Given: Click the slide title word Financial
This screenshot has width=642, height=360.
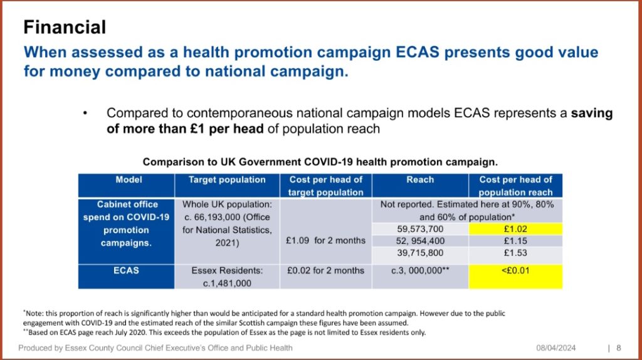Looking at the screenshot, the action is pyautogui.click(x=65, y=28).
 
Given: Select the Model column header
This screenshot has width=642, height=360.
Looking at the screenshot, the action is pyautogui.click(x=127, y=186).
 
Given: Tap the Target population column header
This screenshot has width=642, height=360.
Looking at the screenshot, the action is pyautogui.click(x=227, y=186).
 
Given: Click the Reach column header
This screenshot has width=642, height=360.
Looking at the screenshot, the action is pyautogui.click(x=420, y=186).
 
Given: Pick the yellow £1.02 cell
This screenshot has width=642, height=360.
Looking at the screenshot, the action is pyautogui.click(x=515, y=229).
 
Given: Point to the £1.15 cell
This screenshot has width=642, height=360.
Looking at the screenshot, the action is pyautogui.click(x=515, y=241).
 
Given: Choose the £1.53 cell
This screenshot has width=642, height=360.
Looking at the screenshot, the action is pyautogui.click(x=515, y=253).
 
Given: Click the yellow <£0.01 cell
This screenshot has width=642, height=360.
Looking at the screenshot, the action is pyautogui.click(x=515, y=277).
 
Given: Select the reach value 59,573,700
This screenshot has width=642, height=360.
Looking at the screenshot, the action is pyautogui.click(x=420, y=229).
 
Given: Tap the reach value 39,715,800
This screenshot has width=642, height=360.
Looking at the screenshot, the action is pyautogui.click(x=420, y=253).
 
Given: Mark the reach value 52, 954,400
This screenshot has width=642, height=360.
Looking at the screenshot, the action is pyautogui.click(x=420, y=241).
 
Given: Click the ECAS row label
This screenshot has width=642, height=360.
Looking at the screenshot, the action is pyautogui.click(x=127, y=277).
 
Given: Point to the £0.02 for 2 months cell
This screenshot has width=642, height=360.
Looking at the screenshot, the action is pyautogui.click(x=326, y=277).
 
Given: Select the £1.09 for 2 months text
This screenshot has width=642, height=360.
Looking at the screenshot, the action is pyautogui.click(x=326, y=240).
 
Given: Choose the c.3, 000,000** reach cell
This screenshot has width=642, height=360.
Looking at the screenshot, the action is pyautogui.click(x=420, y=277).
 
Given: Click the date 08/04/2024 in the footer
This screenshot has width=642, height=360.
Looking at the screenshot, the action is pyautogui.click(x=555, y=348).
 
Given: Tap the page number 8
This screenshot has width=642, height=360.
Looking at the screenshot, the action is pyautogui.click(x=619, y=348).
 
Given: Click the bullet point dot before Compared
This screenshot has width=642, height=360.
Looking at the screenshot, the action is pyautogui.click(x=85, y=113).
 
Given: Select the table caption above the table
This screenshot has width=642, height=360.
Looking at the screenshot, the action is pyautogui.click(x=320, y=162).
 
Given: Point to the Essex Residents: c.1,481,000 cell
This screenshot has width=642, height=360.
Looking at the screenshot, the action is pyautogui.click(x=227, y=277).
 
